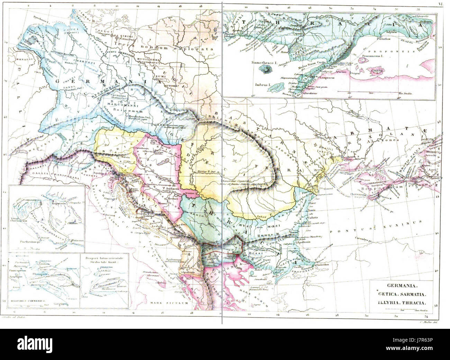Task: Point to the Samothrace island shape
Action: coord(266,71)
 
